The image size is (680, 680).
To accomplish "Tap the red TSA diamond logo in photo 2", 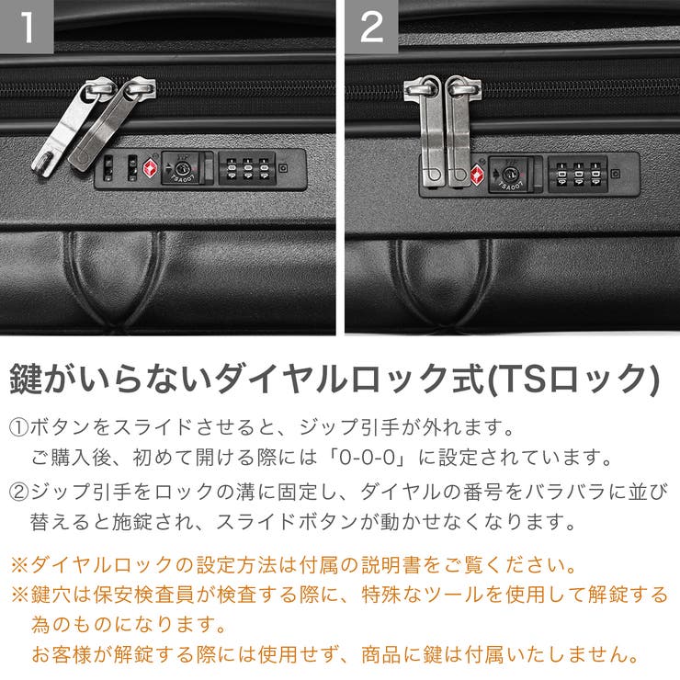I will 478,175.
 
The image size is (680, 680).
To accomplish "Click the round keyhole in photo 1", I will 182,169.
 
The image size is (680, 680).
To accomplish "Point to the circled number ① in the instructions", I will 19,428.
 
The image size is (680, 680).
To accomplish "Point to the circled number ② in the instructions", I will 19,491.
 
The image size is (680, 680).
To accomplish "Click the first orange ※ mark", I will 19,562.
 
